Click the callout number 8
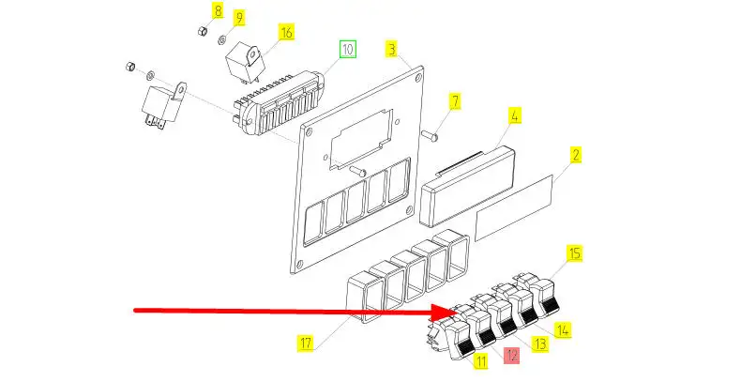(218, 11)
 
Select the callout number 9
(237, 18)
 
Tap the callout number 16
(285, 33)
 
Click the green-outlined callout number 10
(348, 48)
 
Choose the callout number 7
(454, 100)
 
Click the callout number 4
(514, 117)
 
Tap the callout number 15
(575, 253)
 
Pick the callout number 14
(563, 330)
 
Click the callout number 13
(539, 344)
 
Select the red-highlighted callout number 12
(511, 356)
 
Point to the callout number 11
(480, 360)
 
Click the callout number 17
(305, 343)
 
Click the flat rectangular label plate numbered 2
(522, 207)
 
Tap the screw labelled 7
(431, 133)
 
